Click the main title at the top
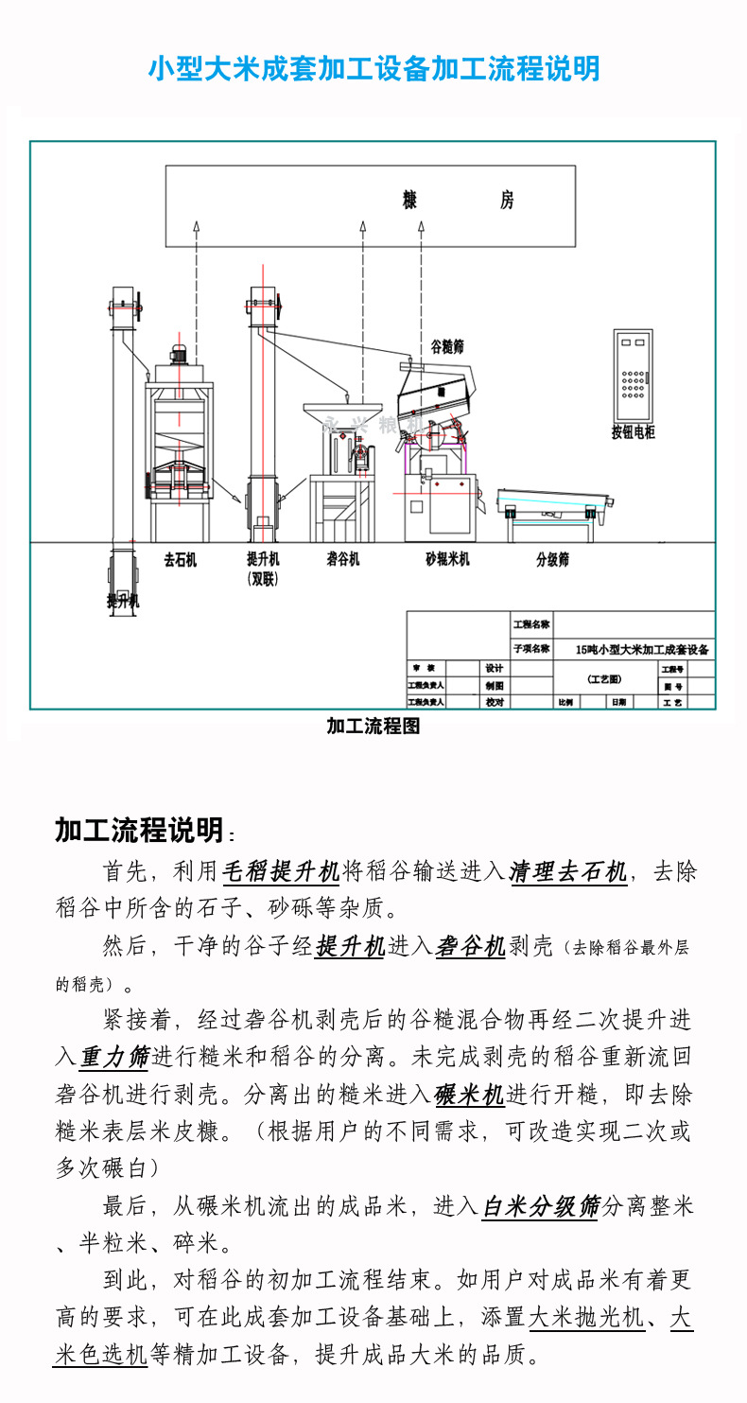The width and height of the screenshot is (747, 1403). pos(373,69)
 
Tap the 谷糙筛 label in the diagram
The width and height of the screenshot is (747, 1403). pos(447,347)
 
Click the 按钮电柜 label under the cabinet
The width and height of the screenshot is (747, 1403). pos(633,433)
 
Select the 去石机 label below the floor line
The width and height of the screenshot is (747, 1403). pos(180,560)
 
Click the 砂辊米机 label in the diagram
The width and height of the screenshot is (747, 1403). pos(447,560)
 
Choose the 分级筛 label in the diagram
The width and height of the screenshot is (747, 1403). pos(552,560)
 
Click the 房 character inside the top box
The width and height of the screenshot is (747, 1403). pos(507,201)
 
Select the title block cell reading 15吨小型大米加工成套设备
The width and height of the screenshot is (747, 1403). pos(642,650)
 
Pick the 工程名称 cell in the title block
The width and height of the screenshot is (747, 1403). pos(530,625)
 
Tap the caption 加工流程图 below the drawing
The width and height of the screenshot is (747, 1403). pos(373,727)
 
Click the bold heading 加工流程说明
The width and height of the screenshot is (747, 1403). pos(139,830)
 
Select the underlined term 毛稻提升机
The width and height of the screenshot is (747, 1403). pos(280,870)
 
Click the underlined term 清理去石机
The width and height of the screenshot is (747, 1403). pos(567,870)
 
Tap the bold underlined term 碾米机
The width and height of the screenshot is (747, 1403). pos(469,1095)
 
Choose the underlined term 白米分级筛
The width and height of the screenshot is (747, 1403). pos(541,1206)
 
